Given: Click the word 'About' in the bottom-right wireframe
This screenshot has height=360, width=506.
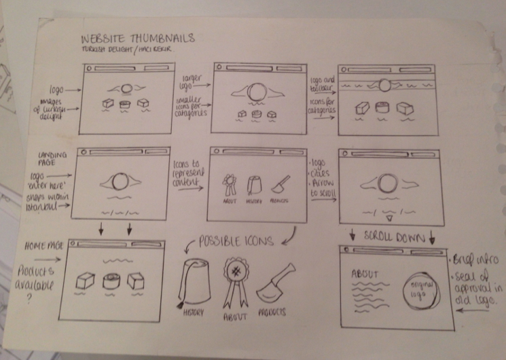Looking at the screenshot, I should coord(364,274).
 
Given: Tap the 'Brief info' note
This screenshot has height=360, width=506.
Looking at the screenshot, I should coord(474,261).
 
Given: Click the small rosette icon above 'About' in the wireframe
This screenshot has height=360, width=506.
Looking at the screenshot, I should coord(230,182).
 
